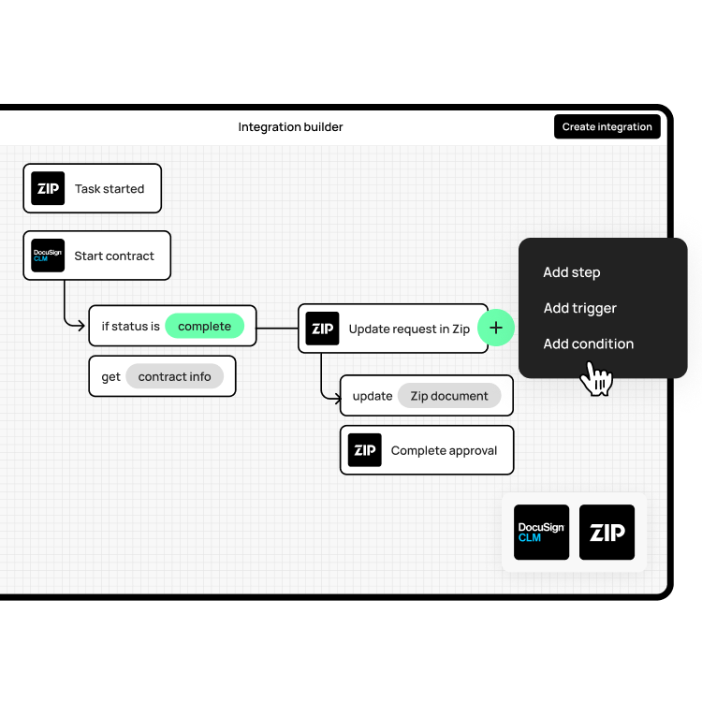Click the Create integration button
pos(607,126)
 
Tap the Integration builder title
pos(290,126)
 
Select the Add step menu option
pos(571,272)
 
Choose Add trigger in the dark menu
pos(579,308)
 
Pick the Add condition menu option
pos(588,344)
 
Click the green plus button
pos(496,328)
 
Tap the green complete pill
pos(204,326)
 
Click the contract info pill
pos(174,376)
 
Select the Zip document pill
pos(449,396)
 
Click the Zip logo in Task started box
pos(48,188)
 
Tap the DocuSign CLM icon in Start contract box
pos(48,256)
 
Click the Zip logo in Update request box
pos(322,329)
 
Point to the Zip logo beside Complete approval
pos(364,450)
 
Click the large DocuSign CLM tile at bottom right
pos(541,533)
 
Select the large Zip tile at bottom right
pos(607,533)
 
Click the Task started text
pos(110,188)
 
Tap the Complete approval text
pos(444,450)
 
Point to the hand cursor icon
pos(595,379)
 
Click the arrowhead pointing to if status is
pos(81,326)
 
